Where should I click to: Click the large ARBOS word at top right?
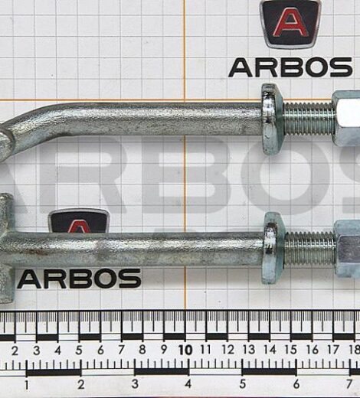pyautogui.click(x=290, y=67)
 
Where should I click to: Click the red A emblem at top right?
pyautogui.click(x=290, y=24)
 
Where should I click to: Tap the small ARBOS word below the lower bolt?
pyautogui.click(x=79, y=279)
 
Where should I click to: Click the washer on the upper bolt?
pyautogui.click(x=272, y=119)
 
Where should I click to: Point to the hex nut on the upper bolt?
pyautogui.click(x=346, y=119)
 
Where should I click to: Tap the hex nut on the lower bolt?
pyautogui.click(x=347, y=249)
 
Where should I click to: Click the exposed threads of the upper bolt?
pyautogui.click(x=308, y=119)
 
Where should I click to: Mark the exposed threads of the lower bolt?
pyautogui.click(x=310, y=248)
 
